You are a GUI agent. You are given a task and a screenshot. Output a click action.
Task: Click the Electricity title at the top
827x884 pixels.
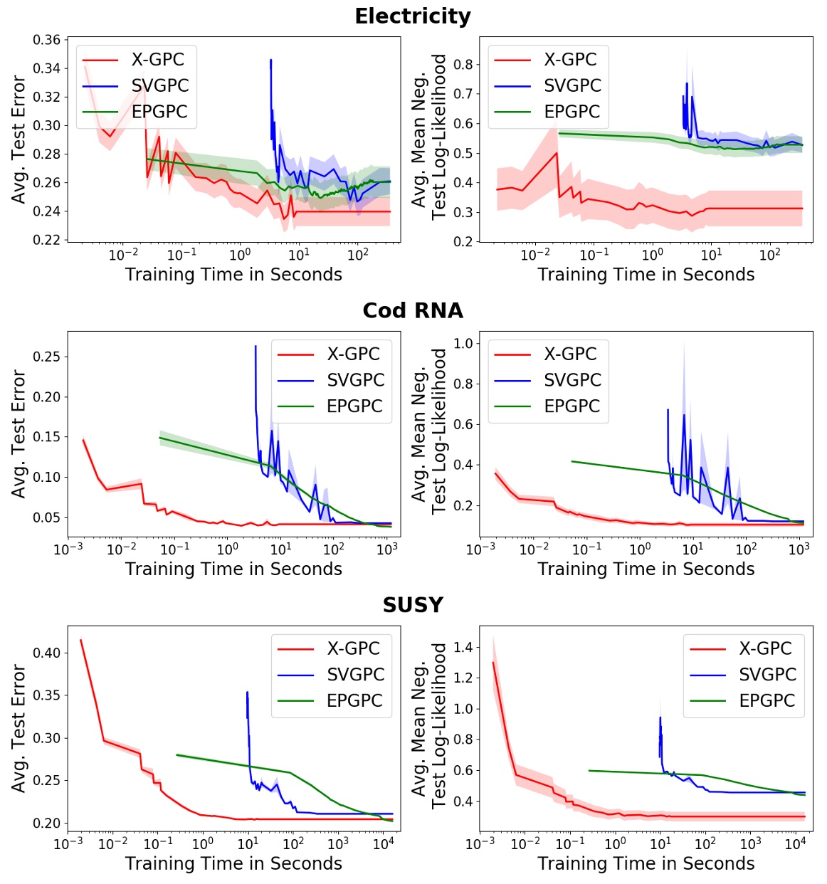click(x=413, y=16)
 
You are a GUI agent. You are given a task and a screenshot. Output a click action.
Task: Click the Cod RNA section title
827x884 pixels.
click(x=413, y=310)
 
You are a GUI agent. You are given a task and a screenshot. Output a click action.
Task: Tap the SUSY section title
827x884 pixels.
click(x=413, y=605)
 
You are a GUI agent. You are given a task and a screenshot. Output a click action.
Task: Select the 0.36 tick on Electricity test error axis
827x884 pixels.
click(x=47, y=40)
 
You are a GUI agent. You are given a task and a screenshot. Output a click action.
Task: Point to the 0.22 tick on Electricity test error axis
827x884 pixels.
click(x=47, y=240)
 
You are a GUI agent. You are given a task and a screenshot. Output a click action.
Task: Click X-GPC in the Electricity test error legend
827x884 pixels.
click(x=157, y=60)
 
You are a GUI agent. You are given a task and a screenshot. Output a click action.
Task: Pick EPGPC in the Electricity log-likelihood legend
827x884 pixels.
click(x=571, y=112)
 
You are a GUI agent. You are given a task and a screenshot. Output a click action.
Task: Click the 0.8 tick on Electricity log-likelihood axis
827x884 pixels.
click(x=463, y=65)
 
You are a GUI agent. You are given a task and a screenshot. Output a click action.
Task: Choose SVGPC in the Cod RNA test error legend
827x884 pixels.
click(x=355, y=380)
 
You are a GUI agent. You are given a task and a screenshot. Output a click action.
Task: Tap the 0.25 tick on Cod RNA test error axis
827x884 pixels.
click(x=47, y=357)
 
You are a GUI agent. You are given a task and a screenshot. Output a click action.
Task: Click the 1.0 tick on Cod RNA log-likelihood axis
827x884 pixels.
click(x=463, y=344)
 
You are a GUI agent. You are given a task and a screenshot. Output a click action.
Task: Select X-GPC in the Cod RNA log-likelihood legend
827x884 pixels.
click(x=570, y=354)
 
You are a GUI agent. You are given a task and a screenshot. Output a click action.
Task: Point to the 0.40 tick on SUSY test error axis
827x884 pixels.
click(x=47, y=653)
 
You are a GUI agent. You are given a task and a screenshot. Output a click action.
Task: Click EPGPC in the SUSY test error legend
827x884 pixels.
click(x=354, y=700)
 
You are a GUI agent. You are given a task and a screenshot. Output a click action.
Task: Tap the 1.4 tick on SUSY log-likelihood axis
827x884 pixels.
click(x=463, y=648)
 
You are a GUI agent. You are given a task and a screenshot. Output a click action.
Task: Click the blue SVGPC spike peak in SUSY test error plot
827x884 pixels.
click(x=247, y=693)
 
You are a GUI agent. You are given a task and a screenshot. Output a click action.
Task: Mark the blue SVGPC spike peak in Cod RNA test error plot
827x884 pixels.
click(x=256, y=347)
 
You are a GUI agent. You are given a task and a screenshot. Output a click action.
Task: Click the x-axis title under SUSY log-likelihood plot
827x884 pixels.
click(x=646, y=863)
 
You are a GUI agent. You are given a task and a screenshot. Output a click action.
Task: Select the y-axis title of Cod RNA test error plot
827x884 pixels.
click(x=19, y=433)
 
